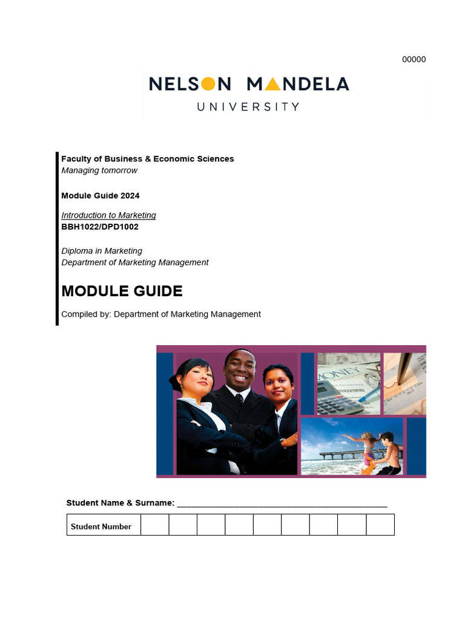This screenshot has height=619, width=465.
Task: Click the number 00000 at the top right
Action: (414, 59)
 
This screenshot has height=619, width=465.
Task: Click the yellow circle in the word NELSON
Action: (207, 83)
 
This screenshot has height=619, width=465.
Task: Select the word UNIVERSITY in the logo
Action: (248, 107)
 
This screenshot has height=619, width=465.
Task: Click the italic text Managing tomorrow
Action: (99, 170)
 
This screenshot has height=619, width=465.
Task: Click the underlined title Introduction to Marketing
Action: (108, 215)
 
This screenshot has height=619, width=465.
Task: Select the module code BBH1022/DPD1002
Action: (100, 227)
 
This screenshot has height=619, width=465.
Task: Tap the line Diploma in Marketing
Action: (102, 251)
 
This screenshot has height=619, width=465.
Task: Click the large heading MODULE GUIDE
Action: (122, 291)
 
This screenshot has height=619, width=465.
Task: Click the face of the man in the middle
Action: (239, 369)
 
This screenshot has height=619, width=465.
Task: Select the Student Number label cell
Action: (101, 527)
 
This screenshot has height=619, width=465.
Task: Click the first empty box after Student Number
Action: (154, 525)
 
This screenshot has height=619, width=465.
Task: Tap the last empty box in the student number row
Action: (380, 525)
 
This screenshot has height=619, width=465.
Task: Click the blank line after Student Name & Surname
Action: (282, 503)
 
